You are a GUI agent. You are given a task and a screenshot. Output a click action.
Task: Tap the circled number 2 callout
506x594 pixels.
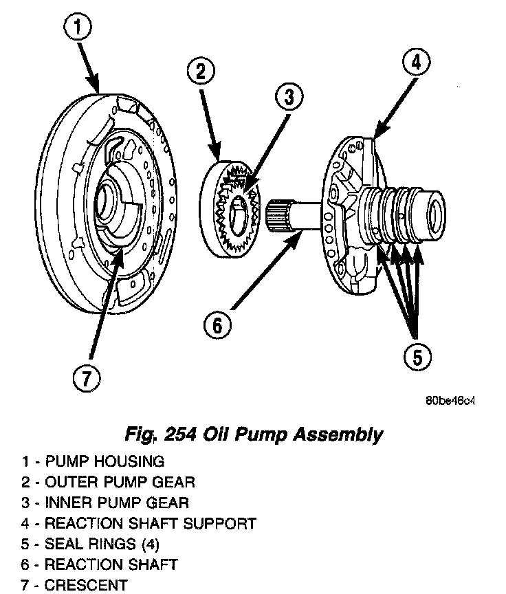[199, 71]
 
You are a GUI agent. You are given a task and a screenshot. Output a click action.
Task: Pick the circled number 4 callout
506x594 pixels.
[415, 63]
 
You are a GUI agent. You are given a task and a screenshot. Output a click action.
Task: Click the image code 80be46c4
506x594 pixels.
[450, 401]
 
